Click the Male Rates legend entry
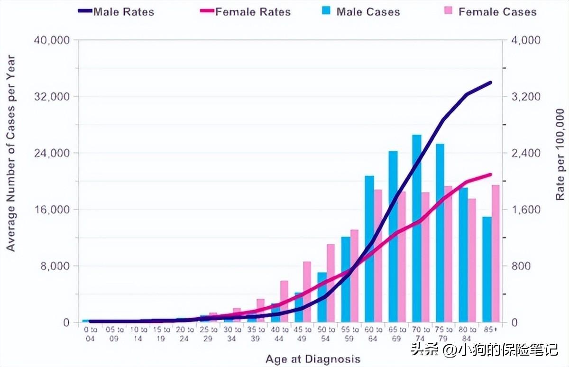click(116, 12)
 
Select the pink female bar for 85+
click(496, 254)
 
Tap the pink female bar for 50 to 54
click(330, 283)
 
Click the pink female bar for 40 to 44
click(284, 302)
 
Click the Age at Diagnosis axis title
click(313, 359)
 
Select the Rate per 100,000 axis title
click(560, 154)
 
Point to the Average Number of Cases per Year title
click(11, 153)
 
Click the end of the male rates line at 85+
click(490, 83)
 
